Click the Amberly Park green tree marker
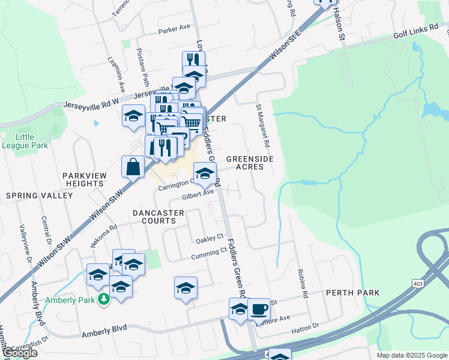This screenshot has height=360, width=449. tap(104, 298)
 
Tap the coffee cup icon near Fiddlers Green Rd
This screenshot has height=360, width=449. tap(259, 310)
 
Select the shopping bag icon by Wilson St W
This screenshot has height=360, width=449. tap(132, 167)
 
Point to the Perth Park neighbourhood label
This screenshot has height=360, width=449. tap(352, 293)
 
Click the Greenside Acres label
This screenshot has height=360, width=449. tap(249, 163)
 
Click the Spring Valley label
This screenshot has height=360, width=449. tap(39, 196)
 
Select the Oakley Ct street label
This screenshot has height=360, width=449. tap(209, 239)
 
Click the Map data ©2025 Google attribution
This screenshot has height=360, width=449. tap(411, 355)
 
